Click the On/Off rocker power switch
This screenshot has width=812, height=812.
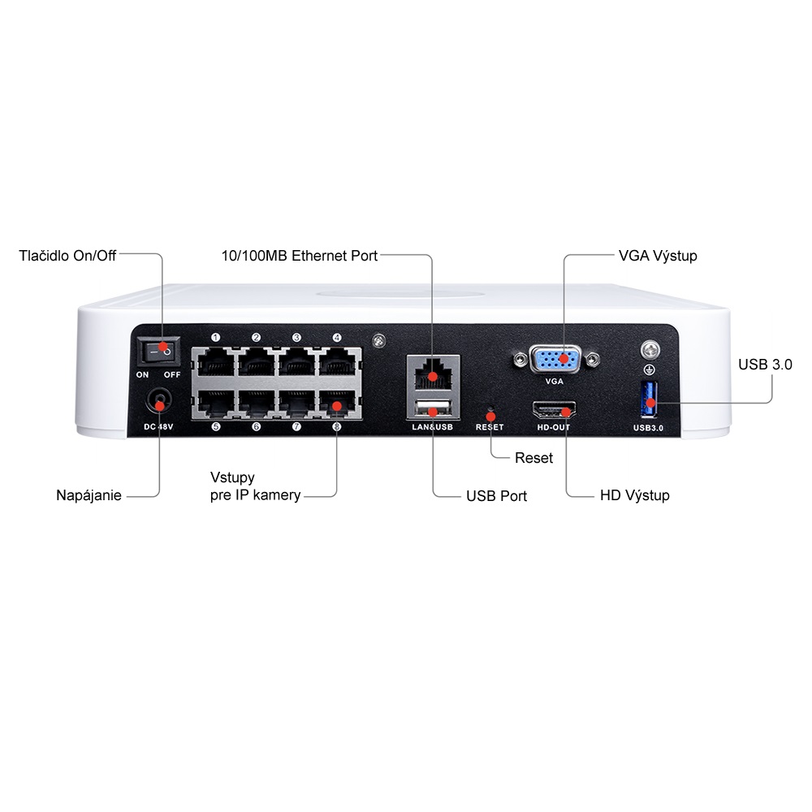158,351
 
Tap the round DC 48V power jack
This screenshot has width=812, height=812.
159,403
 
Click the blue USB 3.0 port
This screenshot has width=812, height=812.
649,400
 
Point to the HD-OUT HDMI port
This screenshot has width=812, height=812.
554,410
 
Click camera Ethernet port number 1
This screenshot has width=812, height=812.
216,362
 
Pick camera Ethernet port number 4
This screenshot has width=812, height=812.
338,362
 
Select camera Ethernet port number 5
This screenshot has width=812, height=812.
216,403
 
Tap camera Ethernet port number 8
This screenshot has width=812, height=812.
338,403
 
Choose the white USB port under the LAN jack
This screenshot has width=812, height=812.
433,408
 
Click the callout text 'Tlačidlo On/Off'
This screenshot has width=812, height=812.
67,256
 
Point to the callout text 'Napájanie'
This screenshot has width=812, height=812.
89,495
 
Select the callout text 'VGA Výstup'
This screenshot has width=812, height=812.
658,256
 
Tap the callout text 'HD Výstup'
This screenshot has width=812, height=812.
634,495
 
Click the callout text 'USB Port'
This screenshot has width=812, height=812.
496,496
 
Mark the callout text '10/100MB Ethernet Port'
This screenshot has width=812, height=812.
300,256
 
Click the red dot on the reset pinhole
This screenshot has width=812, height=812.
490,417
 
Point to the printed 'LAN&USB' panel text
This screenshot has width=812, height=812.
433,427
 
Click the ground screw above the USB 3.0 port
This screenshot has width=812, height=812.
650,350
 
